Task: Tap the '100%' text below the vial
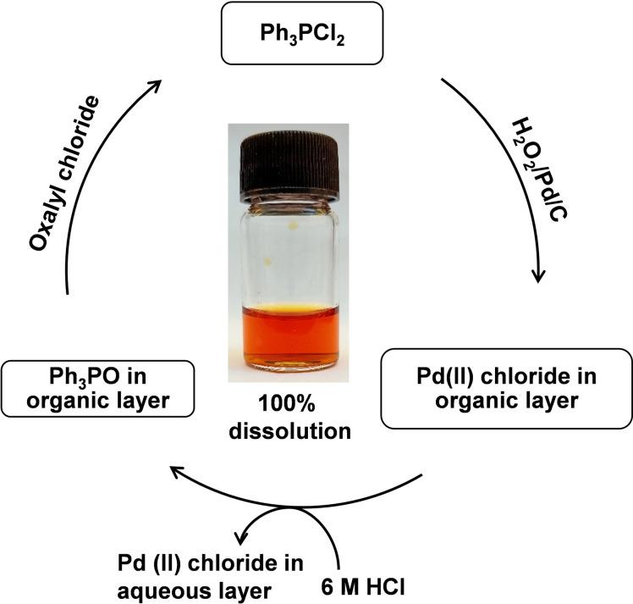[290, 406]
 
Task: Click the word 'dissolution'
[290, 430]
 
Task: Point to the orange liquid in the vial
[289, 335]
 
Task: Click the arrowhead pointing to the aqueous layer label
[240, 535]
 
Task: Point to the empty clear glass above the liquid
[288, 254]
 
